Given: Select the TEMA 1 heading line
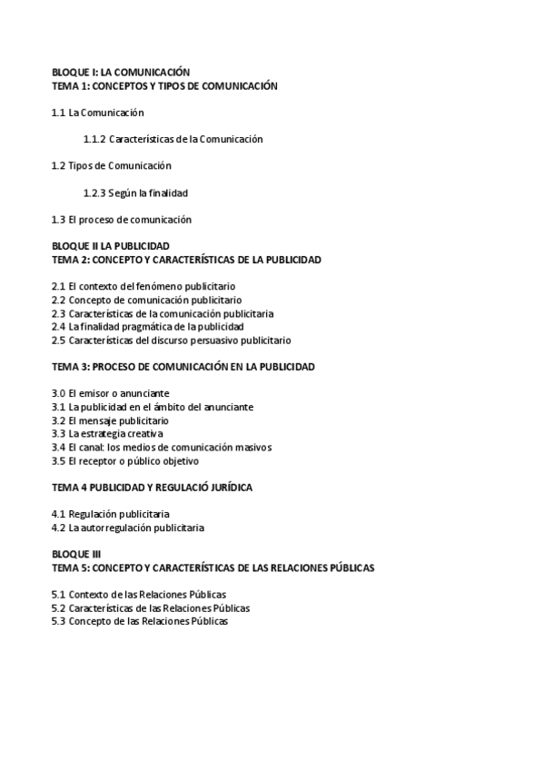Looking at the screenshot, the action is coord(164,85).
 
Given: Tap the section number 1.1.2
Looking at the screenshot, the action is coord(94,139).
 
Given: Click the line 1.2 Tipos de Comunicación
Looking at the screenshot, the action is coord(112,165).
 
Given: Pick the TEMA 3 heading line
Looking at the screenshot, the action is coord(183,367).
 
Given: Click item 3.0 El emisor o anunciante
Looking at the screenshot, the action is coord(111,393).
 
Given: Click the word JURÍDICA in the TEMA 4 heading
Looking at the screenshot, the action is coord(230,488).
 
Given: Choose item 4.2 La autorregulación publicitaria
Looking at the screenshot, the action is coord(128,528).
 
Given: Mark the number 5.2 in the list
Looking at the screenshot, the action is coord(58,608).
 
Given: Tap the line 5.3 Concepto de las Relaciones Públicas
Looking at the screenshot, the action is coord(140,621).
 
